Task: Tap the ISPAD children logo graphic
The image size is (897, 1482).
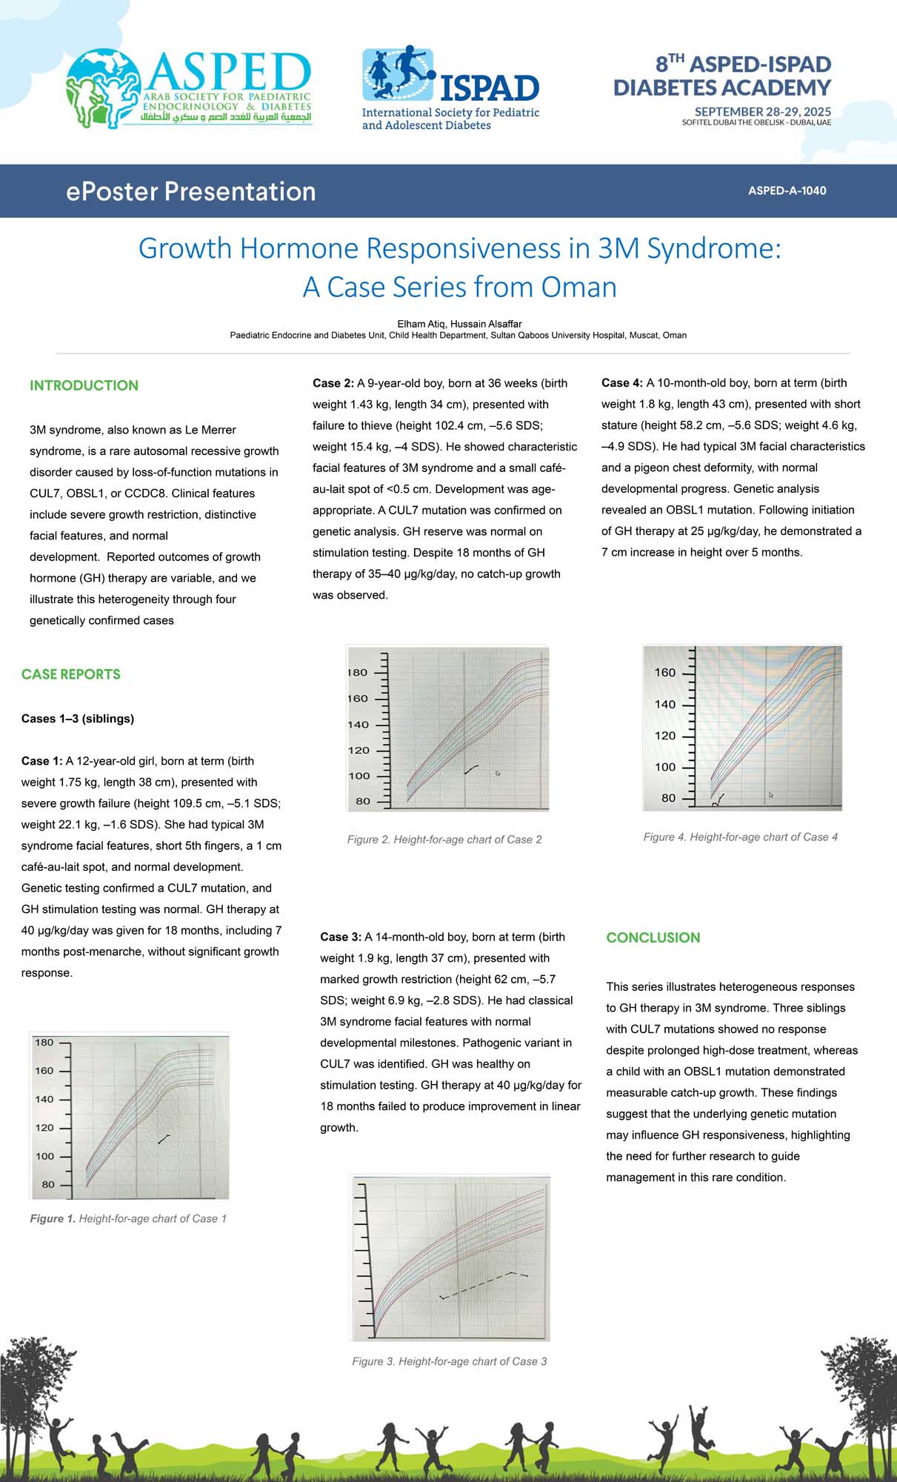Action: coord(399,74)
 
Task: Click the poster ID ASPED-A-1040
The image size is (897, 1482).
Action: coord(787,190)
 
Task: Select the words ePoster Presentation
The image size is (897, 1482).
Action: coord(190,191)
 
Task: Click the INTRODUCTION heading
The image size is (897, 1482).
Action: coord(84,385)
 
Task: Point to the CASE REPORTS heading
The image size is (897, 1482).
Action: coord(70,674)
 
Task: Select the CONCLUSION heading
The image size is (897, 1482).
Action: coord(653,937)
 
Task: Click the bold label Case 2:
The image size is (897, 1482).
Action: coord(333,383)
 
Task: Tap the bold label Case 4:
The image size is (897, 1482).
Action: coord(621,383)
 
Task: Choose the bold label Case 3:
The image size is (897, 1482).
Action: coord(340,937)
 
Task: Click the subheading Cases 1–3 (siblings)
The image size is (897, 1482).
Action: coord(78,719)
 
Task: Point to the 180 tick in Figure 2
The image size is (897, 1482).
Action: coord(359,673)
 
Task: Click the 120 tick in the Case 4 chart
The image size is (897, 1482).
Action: coord(665,736)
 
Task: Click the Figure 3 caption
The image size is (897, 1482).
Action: coord(449,1361)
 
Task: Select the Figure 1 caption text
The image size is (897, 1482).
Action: coord(128,1218)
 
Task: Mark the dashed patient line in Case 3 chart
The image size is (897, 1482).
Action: coord(481,1284)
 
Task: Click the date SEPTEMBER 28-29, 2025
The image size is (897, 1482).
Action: coord(762,111)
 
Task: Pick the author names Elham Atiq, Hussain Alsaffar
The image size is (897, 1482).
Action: coord(459,324)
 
